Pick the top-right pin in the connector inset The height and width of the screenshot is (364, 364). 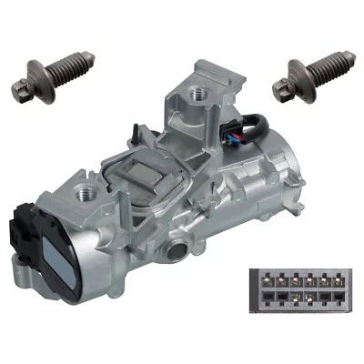[x=336, y=281]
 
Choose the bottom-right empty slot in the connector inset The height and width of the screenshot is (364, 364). [x=336, y=298]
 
